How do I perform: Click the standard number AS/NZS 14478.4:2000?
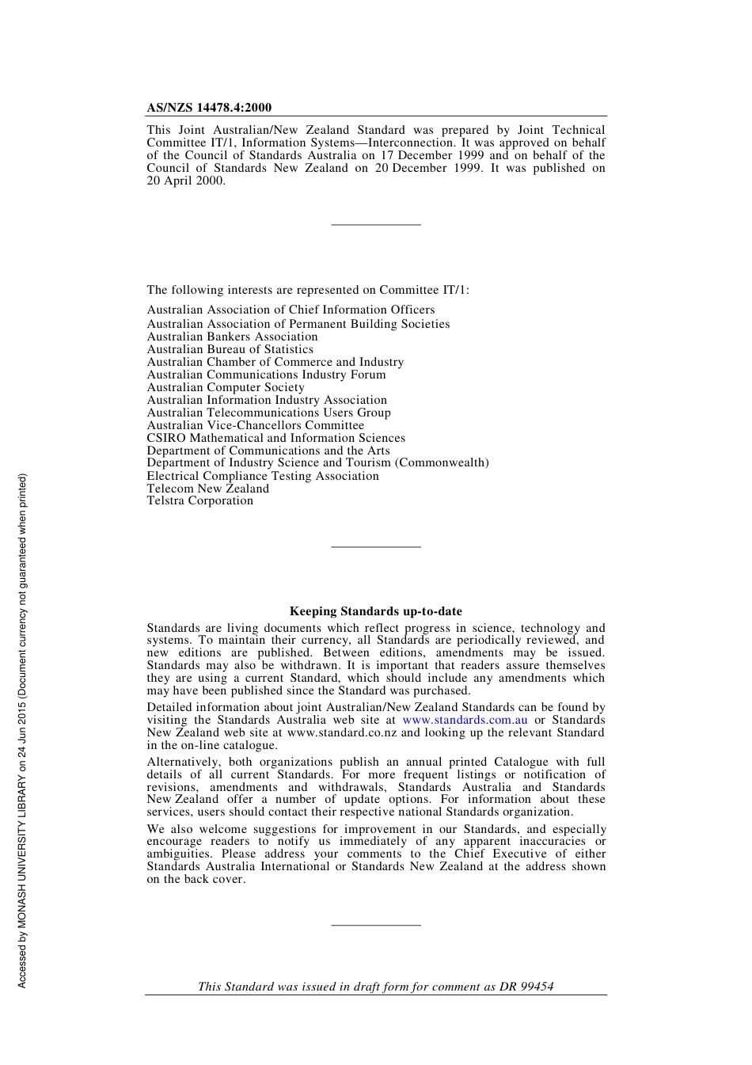pos(209,108)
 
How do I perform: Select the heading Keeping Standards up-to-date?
pos(375,611)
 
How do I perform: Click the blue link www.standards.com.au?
pos(465,720)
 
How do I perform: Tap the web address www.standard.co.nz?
pos(342,732)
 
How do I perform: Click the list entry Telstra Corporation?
pos(199,500)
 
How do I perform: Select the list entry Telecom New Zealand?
pos(207,489)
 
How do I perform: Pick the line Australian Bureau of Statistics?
pos(230,349)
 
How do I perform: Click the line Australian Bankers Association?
pos(232,337)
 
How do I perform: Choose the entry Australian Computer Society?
pos(225,387)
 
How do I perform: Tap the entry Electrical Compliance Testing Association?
pos(262,476)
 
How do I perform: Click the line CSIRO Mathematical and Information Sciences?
pos(275,438)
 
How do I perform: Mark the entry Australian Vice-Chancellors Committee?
pos(255,425)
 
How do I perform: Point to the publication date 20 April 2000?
pos(185,181)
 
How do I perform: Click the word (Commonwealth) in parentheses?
pos(442,462)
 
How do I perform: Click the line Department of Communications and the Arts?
pos(268,451)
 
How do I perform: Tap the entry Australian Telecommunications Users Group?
pos(268,413)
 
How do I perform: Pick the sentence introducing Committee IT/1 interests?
pos(307,290)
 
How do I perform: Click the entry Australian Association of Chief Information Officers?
pos(291,310)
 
